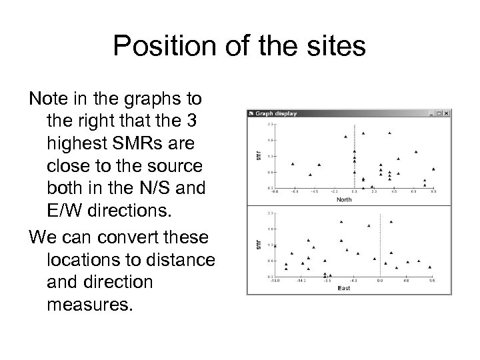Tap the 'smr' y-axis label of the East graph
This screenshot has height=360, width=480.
click(253, 245)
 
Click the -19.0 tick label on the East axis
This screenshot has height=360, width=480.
click(275, 281)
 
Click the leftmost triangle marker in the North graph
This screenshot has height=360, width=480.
click(293, 164)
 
